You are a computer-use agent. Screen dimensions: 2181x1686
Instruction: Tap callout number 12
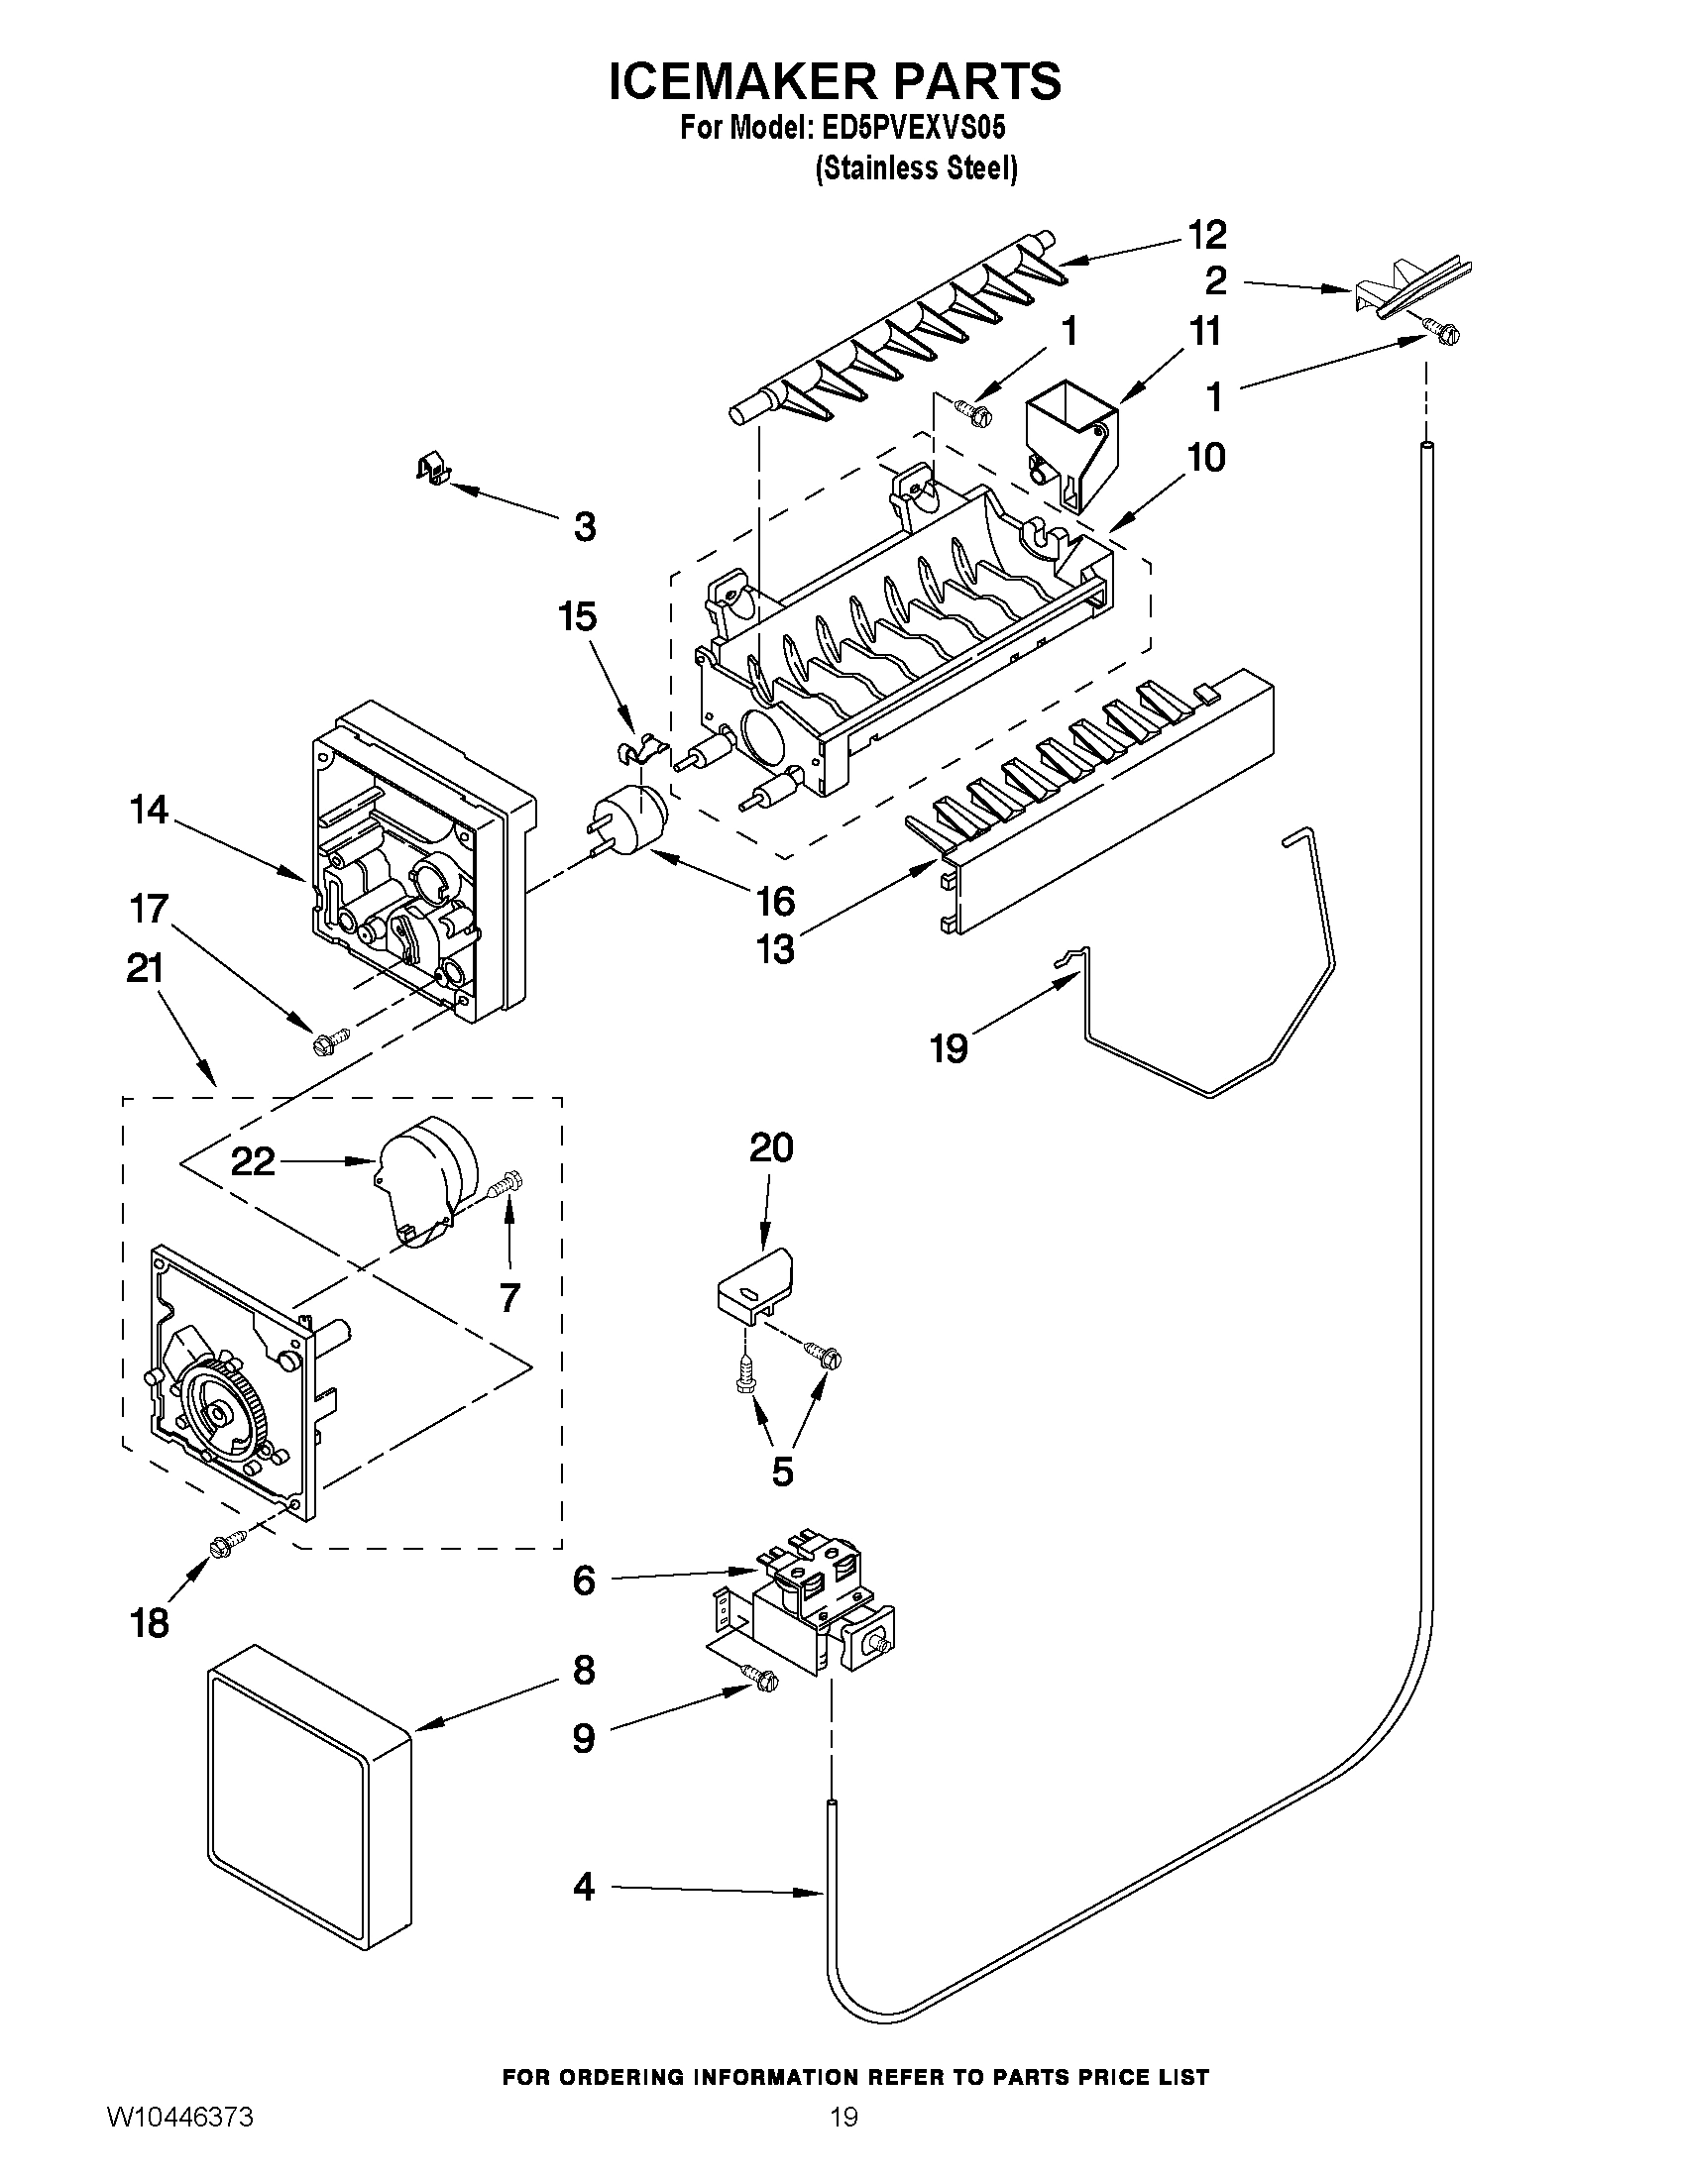tap(1206, 236)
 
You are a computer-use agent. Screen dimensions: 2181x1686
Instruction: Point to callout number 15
tap(577, 617)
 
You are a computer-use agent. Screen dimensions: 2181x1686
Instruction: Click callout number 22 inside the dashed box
tap(253, 1161)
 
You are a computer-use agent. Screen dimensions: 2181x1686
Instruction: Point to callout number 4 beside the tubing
tap(585, 1888)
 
